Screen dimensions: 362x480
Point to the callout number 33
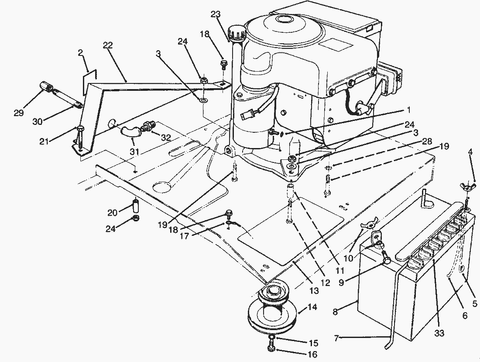pyautogui.click(x=439, y=333)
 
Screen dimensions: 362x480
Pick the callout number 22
pyautogui.click(x=108, y=45)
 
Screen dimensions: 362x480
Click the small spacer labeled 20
pyautogui.click(x=135, y=204)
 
